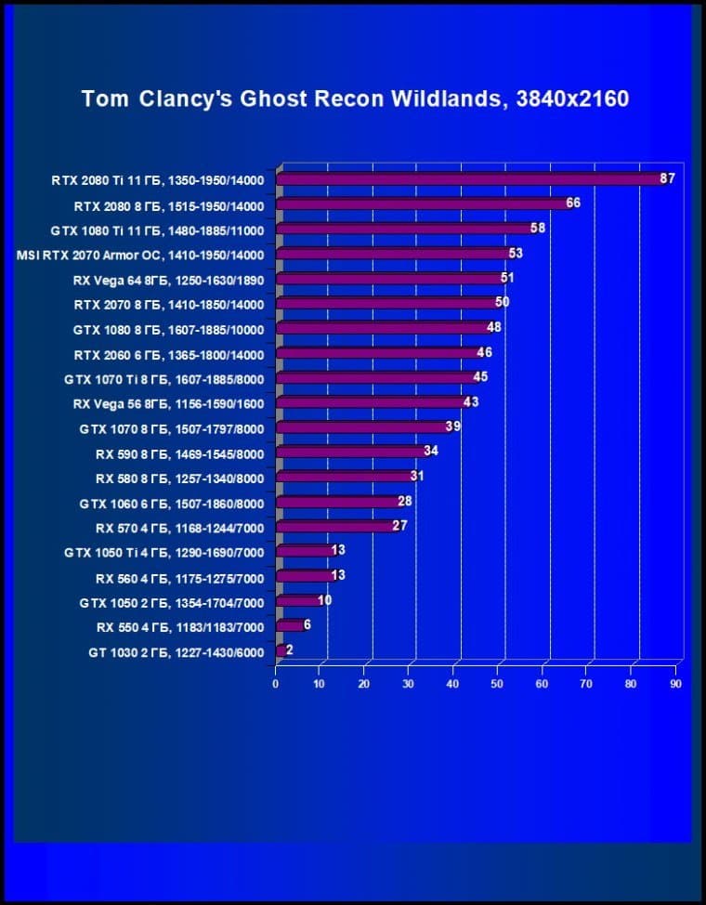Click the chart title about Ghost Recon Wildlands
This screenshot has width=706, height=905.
click(x=355, y=98)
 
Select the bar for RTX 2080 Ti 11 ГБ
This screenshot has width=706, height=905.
click(x=469, y=179)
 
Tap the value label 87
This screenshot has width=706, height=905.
click(x=667, y=178)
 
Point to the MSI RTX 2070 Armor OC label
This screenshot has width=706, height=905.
click(x=141, y=255)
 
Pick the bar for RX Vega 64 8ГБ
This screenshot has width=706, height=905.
click(x=388, y=279)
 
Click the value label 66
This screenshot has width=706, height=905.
click(x=573, y=203)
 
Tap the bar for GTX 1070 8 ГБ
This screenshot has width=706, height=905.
click(x=362, y=427)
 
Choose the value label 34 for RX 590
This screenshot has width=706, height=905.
click(x=430, y=451)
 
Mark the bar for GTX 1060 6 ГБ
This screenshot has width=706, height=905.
click(x=337, y=503)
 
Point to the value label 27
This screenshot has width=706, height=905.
click(x=399, y=525)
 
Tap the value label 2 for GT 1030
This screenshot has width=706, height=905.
click(x=289, y=649)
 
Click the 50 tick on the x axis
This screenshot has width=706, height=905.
click(x=497, y=684)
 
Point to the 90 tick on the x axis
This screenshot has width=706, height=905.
click(x=675, y=684)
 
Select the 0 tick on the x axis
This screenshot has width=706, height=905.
click(x=276, y=684)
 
